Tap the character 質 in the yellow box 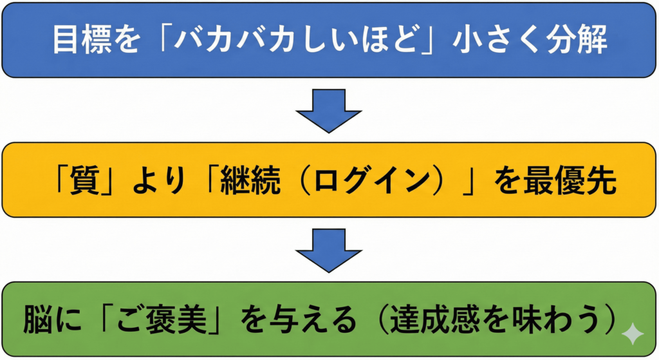coord(95,182)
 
